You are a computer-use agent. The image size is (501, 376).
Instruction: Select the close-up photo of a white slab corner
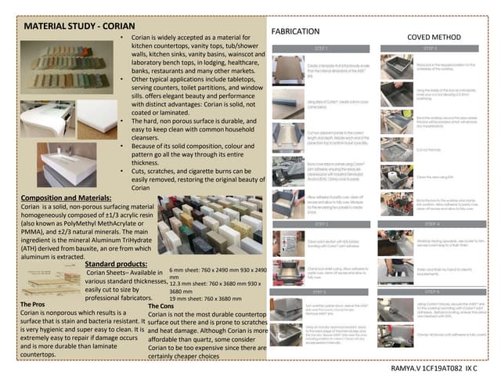click(x=95, y=117)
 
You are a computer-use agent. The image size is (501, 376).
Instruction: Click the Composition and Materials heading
click(x=66, y=198)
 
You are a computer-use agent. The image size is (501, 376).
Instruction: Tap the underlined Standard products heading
click(x=117, y=264)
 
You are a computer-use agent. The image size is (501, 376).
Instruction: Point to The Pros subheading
click(x=38, y=304)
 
